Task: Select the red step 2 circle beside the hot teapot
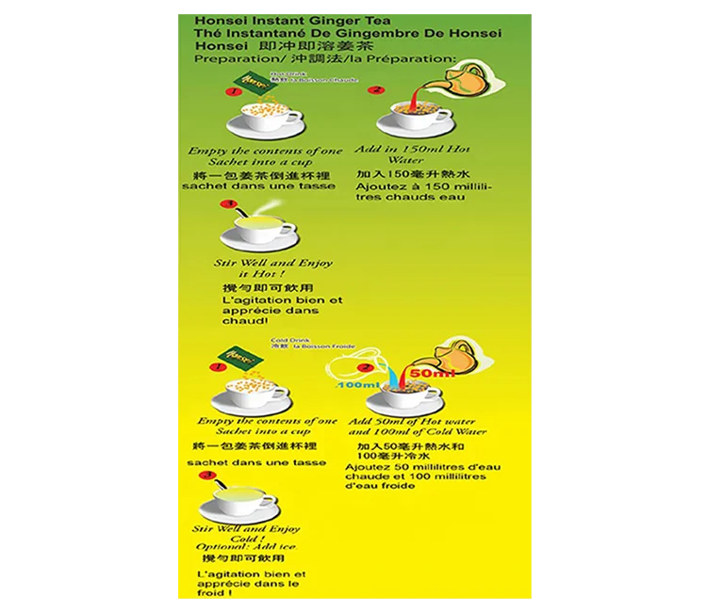point(376,90)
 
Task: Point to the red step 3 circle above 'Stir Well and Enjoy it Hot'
point(226,204)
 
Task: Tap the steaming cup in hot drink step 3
point(258,229)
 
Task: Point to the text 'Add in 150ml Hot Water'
point(413,154)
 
